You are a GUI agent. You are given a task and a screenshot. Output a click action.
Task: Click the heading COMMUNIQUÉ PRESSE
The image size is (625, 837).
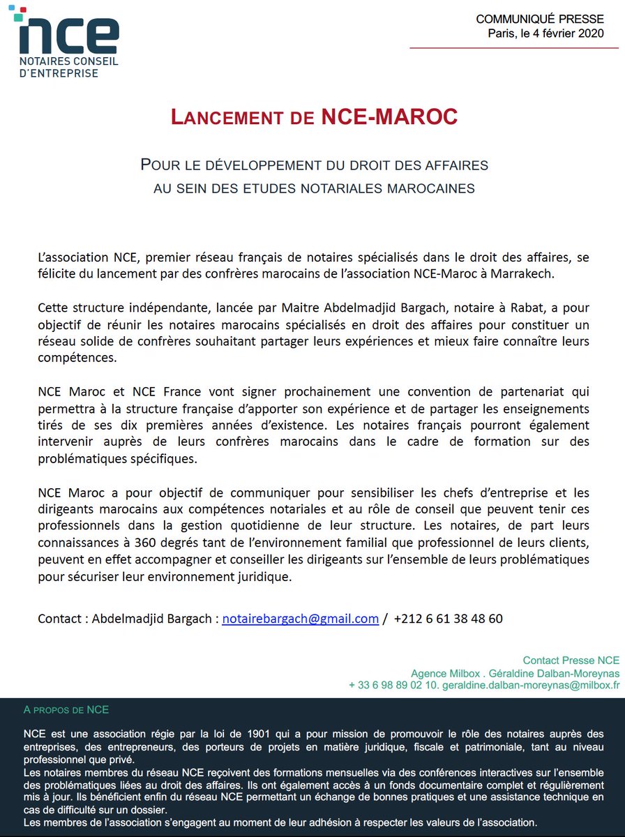pos(540,20)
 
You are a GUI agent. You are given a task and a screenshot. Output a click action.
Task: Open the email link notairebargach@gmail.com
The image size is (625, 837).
pos(300,619)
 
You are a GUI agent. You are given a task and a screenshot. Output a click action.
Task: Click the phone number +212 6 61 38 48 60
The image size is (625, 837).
pos(448,619)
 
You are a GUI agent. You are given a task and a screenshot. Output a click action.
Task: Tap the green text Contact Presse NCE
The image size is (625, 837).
pos(571,661)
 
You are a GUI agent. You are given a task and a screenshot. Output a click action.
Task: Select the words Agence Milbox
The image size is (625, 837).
pos(439,673)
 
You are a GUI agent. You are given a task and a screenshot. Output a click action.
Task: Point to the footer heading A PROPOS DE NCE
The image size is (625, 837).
pos(66,710)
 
